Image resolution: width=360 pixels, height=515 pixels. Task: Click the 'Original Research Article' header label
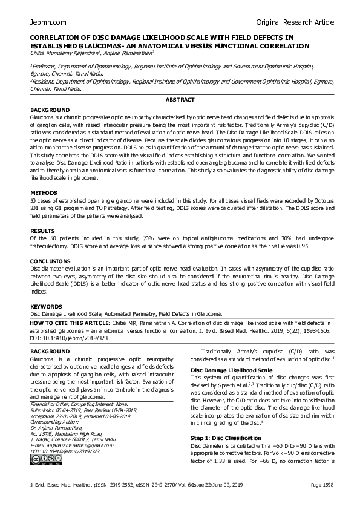coord(295,22)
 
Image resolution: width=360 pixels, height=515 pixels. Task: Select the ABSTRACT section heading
coord(180,99)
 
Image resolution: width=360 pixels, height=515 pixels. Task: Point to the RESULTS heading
coord(42,231)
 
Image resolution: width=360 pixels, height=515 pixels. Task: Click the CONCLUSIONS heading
coord(50,261)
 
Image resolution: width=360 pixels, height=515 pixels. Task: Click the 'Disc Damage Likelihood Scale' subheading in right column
coord(231,369)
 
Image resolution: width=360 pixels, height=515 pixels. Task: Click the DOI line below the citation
coord(61,338)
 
